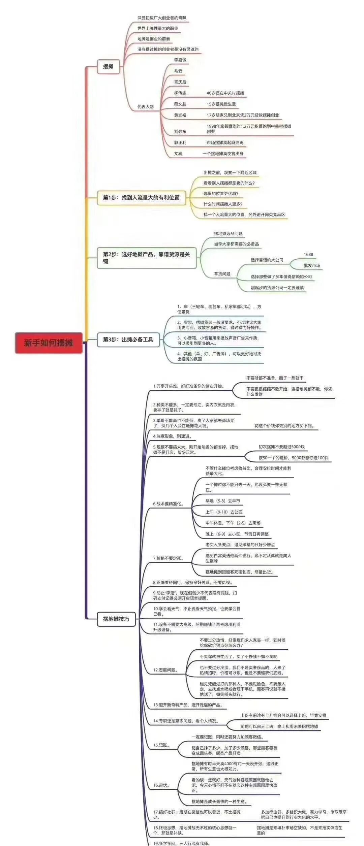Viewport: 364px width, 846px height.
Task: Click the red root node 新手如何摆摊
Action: [49, 343]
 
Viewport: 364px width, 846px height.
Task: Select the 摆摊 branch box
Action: [108, 66]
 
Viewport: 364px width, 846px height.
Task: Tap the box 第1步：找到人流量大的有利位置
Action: [141, 198]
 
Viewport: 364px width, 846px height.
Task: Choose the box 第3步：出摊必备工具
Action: [128, 339]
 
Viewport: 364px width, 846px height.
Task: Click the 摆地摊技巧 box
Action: [116, 619]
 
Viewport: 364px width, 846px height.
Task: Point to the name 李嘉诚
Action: [180, 60]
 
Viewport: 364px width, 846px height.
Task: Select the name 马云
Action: [178, 71]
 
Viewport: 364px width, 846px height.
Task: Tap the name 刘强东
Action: [180, 131]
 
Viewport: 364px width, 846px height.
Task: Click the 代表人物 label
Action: [145, 107]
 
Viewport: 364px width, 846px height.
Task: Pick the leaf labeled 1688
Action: [308, 255]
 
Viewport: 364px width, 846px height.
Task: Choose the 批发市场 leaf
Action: [312, 265]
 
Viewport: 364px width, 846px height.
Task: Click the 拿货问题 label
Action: [222, 274]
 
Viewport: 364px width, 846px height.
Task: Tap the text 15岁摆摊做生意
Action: [221, 104]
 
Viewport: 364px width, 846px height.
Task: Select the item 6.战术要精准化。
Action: [169, 504]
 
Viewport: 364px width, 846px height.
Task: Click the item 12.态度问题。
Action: [165, 670]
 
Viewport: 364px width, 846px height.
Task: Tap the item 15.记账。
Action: [161, 745]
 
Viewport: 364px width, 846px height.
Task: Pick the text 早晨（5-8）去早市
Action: [223, 501]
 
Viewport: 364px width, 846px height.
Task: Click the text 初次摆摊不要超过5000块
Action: [281, 447]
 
